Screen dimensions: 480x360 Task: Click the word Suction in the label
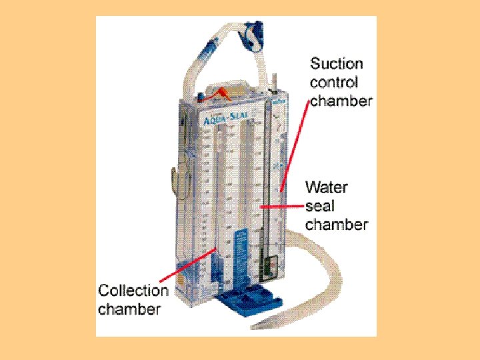[x=337, y=64]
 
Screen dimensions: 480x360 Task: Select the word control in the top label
[x=334, y=83]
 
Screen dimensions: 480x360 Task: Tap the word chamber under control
[x=341, y=101]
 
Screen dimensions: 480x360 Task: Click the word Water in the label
[x=327, y=187]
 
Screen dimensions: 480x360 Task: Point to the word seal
[x=321, y=205]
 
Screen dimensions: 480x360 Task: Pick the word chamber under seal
[x=337, y=224]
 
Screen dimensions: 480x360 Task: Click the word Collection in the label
[x=133, y=291]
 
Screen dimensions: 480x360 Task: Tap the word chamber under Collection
[x=129, y=309]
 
